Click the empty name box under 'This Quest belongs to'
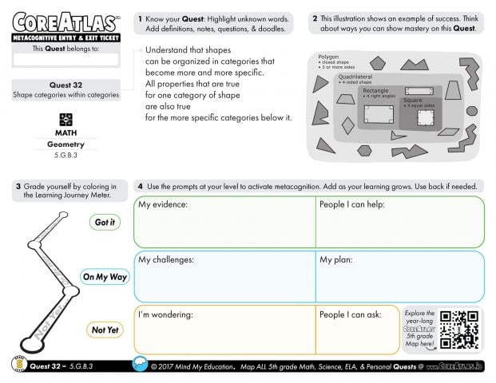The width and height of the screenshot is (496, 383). [x=65, y=60]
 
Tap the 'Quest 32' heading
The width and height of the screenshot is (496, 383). [x=65, y=85]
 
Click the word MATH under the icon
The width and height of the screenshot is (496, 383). [x=65, y=132]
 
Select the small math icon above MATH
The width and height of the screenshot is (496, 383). [x=65, y=119]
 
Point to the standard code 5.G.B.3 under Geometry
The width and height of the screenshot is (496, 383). [x=65, y=156]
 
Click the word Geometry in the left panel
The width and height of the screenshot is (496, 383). [x=65, y=144]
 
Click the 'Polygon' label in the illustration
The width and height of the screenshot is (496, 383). [x=328, y=57]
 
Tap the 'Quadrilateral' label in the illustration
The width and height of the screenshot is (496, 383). [x=355, y=77]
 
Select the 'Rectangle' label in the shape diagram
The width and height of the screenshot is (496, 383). [x=377, y=91]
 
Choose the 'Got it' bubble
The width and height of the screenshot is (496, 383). [x=105, y=223]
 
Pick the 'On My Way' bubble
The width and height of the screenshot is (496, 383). [x=105, y=277]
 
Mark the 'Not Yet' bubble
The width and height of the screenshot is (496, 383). [x=105, y=330]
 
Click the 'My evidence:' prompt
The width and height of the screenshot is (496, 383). [x=163, y=205]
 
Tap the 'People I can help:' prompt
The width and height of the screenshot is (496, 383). [x=352, y=205]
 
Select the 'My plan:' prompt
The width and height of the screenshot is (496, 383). [x=336, y=259]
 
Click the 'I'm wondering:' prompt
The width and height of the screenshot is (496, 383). [x=166, y=314]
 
